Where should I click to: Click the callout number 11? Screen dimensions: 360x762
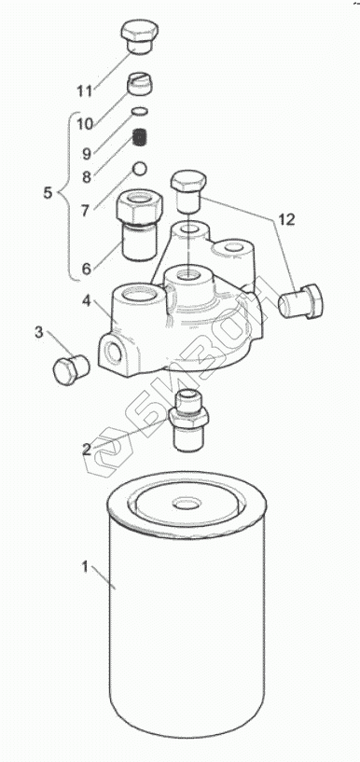click(86, 90)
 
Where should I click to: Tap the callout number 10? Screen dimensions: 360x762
click(85, 123)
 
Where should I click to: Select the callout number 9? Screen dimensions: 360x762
click(87, 154)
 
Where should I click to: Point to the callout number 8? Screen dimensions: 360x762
click(87, 176)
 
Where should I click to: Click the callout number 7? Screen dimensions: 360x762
click(85, 211)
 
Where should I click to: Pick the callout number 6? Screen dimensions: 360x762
click(87, 269)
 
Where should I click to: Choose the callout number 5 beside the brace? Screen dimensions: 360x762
click(48, 192)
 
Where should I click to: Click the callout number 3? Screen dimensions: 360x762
click(39, 333)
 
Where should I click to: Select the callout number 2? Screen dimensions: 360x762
click(87, 450)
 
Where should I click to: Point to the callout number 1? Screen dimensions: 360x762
click(85, 567)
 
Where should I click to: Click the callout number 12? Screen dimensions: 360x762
click(286, 219)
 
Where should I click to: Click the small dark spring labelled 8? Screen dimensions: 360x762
click(140, 137)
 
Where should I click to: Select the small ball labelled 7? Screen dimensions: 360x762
click(140, 168)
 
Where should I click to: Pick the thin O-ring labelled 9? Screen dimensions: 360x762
click(140, 111)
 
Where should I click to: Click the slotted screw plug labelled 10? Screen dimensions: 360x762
click(140, 84)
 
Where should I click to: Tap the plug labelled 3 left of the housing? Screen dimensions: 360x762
click(71, 369)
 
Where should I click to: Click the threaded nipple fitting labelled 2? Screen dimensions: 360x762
click(188, 420)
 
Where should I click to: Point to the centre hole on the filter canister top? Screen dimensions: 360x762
click(187, 504)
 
